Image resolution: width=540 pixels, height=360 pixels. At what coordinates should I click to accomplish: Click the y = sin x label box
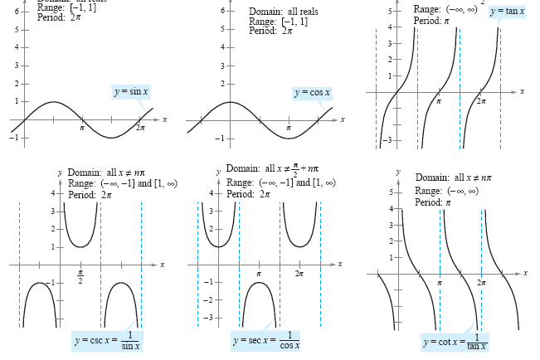(x=132, y=91)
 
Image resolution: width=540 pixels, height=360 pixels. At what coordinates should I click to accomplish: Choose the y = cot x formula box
(x=455, y=341)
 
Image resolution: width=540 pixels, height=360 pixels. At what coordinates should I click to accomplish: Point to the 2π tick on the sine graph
(x=140, y=129)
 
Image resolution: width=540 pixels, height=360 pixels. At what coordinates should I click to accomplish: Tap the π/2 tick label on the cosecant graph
(x=80, y=276)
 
